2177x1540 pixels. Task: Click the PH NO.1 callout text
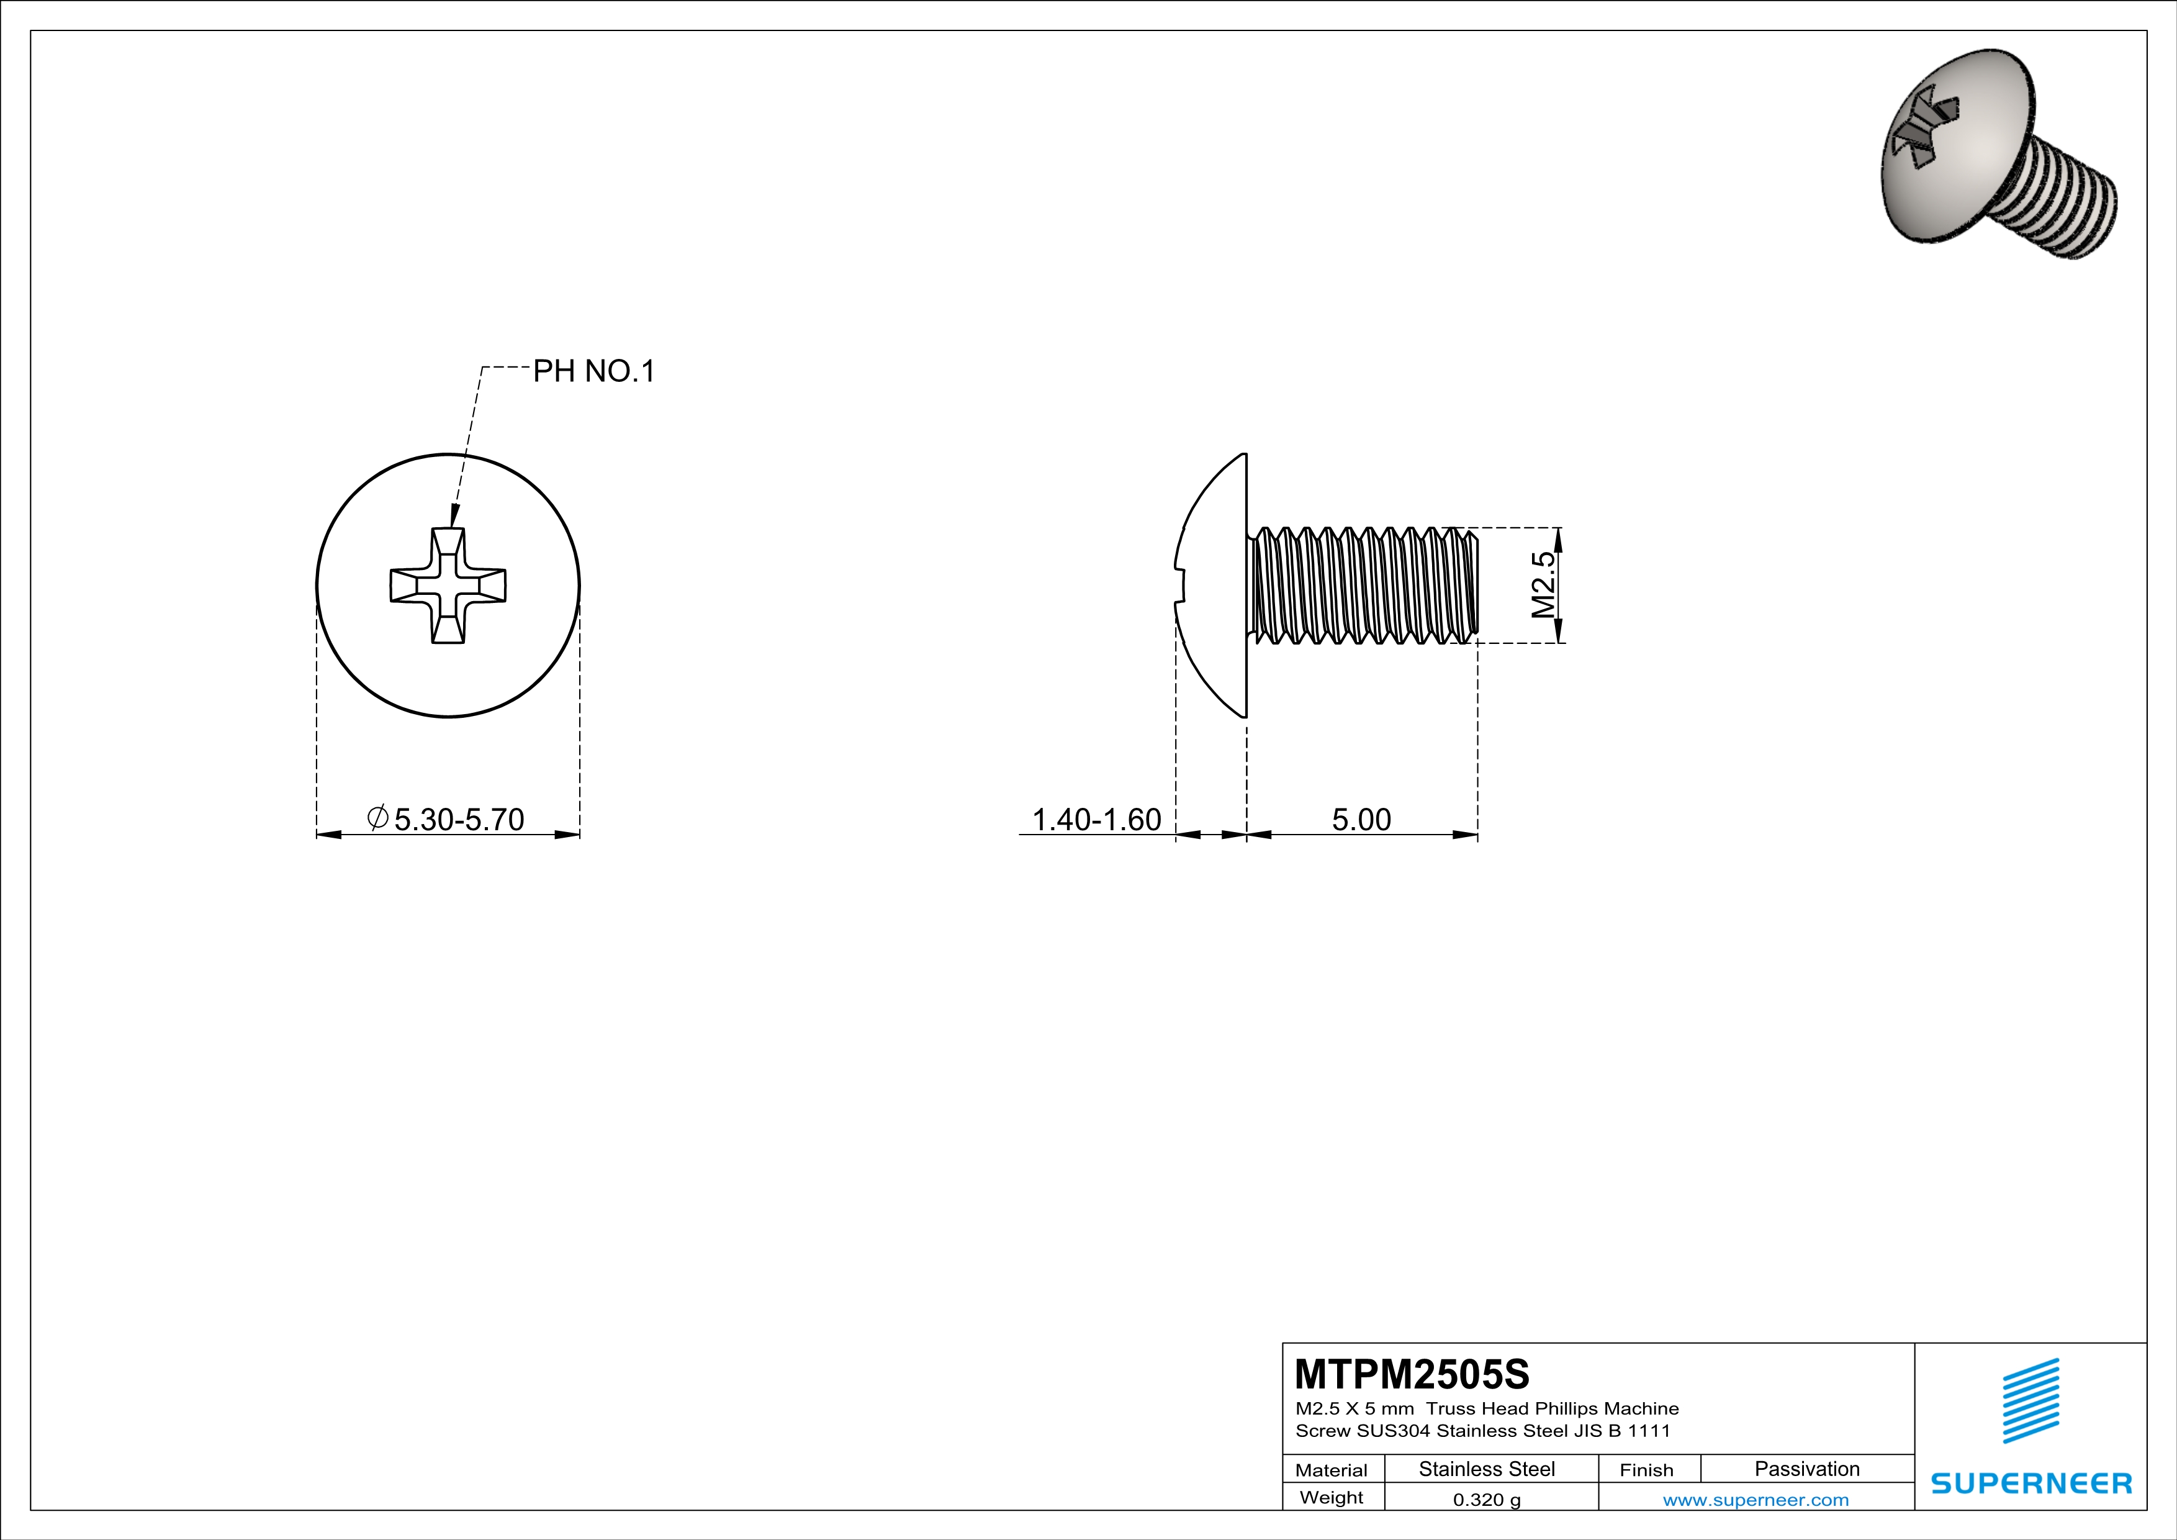coord(593,371)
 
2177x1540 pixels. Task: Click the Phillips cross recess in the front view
coord(448,586)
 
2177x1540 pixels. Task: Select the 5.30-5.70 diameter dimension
coord(458,818)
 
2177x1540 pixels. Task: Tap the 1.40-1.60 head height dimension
coord(1096,819)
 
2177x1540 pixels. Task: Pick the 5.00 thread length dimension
coord(1361,819)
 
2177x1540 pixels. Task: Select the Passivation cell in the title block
coord(1806,1469)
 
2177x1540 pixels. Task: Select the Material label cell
coord(1332,1470)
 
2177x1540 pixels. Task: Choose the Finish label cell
coord(1646,1470)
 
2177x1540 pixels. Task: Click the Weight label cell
coord(1332,1497)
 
